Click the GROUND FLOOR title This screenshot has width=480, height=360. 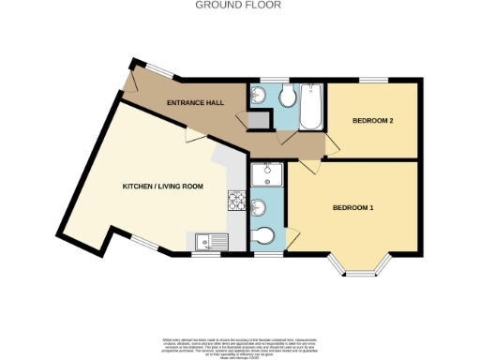[x=239, y=5]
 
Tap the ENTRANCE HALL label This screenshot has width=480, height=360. [x=195, y=102]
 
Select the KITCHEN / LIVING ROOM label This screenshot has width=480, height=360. [x=163, y=187]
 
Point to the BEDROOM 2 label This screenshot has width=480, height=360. [x=373, y=121]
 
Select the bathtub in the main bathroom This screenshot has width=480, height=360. [x=311, y=106]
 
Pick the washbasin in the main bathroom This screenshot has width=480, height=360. [x=258, y=97]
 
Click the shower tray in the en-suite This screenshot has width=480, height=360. [x=266, y=175]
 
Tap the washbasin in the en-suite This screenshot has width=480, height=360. [x=259, y=207]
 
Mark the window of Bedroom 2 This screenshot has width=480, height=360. [x=374, y=79]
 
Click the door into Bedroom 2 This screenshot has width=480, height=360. [x=330, y=142]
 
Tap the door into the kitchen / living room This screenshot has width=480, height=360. [x=193, y=138]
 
